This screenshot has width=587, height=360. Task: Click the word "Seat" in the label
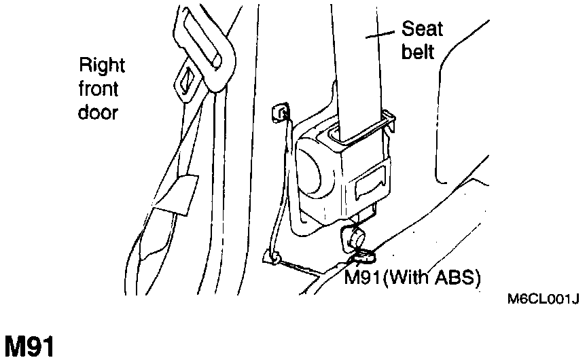coord(422,29)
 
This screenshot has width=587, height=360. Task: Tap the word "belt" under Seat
coord(418,52)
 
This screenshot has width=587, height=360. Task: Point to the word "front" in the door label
coord(99,89)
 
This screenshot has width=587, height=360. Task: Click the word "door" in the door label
coord(98,112)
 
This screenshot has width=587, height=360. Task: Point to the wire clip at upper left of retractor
coord(279,111)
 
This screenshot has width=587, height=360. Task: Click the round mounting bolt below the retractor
coord(354,237)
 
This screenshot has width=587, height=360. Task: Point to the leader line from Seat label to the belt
coord(383,33)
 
